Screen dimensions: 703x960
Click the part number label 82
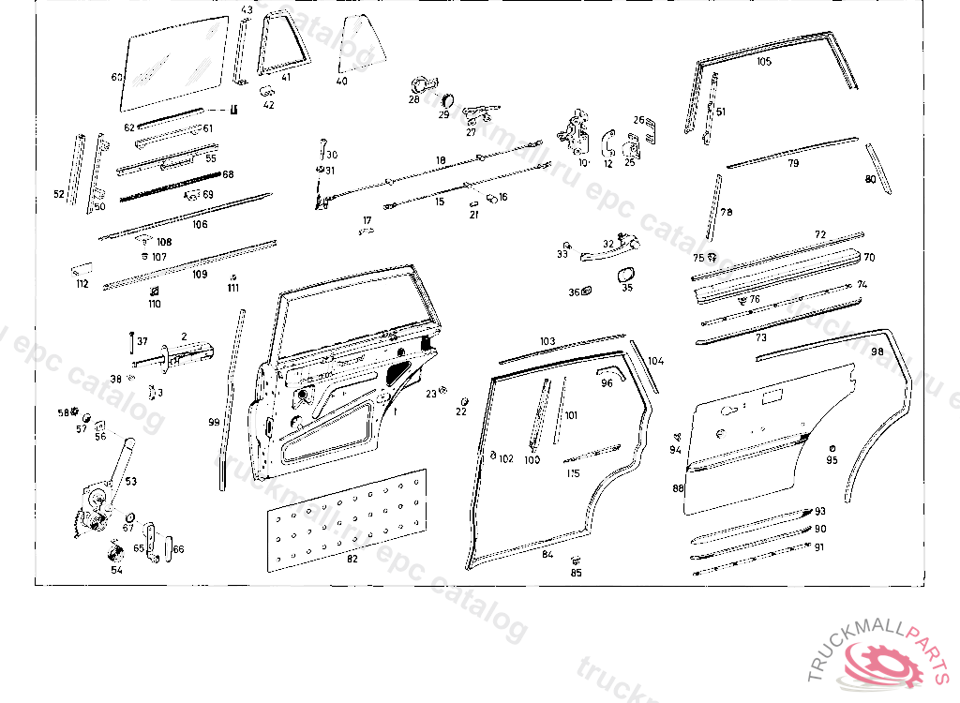(x=352, y=560)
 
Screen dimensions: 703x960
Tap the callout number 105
(x=764, y=62)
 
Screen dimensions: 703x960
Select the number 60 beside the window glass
(x=116, y=78)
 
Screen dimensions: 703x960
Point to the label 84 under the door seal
(x=547, y=554)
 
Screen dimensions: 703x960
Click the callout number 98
(x=877, y=351)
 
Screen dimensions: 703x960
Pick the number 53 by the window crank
(x=131, y=481)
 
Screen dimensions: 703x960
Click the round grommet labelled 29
(x=445, y=99)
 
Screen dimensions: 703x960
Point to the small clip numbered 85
(x=574, y=561)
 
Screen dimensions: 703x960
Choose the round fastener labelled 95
(x=832, y=448)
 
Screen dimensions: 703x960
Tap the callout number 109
(x=200, y=275)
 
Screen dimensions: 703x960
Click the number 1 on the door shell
(x=395, y=411)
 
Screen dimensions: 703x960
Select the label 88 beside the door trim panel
(x=678, y=488)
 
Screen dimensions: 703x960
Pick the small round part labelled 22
(x=462, y=401)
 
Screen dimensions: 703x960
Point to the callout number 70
(x=869, y=257)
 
